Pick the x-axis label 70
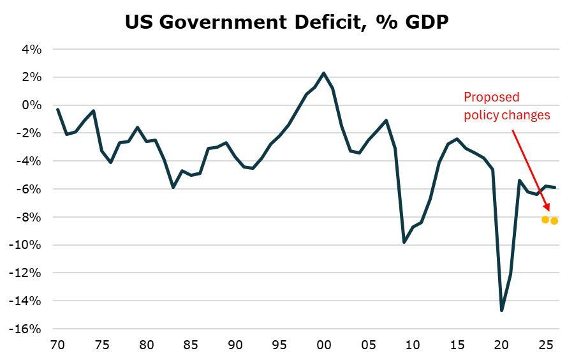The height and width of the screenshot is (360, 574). (57, 345)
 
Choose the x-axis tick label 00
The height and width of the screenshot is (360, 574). (324, 345)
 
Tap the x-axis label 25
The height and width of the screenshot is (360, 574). (545, 345)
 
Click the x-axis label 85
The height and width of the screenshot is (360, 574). (191, 345)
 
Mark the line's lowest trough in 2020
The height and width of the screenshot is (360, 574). (501, 310)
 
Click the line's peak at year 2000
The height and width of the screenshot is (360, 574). (324, 73)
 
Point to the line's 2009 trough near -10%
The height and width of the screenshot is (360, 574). (404, 243)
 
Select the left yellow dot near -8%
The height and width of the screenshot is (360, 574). (545, 220)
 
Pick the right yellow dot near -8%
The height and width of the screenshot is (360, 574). (554, 221)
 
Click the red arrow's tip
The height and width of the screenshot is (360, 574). (548, 210)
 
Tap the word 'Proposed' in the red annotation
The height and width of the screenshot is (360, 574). (491, 97)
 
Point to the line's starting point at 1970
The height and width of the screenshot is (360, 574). (57, 109)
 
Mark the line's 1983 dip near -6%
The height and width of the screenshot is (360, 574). (173, 187)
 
